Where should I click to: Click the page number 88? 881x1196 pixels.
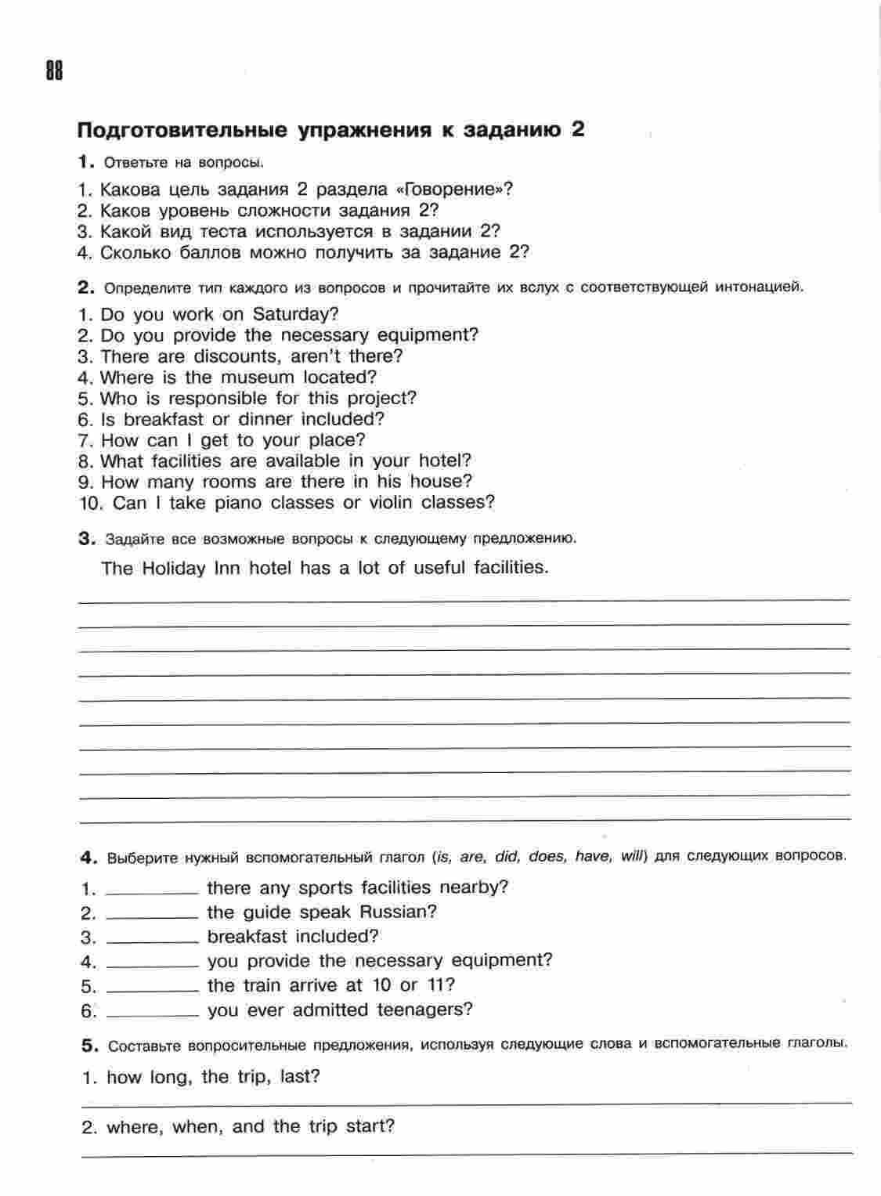[53, 71]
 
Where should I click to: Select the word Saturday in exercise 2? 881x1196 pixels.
[295, 315]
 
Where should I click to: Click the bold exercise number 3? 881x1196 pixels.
[86, 538]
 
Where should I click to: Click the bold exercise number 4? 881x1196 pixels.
[88, 857]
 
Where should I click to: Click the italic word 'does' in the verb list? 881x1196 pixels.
[546, 856]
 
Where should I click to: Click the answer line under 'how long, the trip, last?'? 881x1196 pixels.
[467, 1102]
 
